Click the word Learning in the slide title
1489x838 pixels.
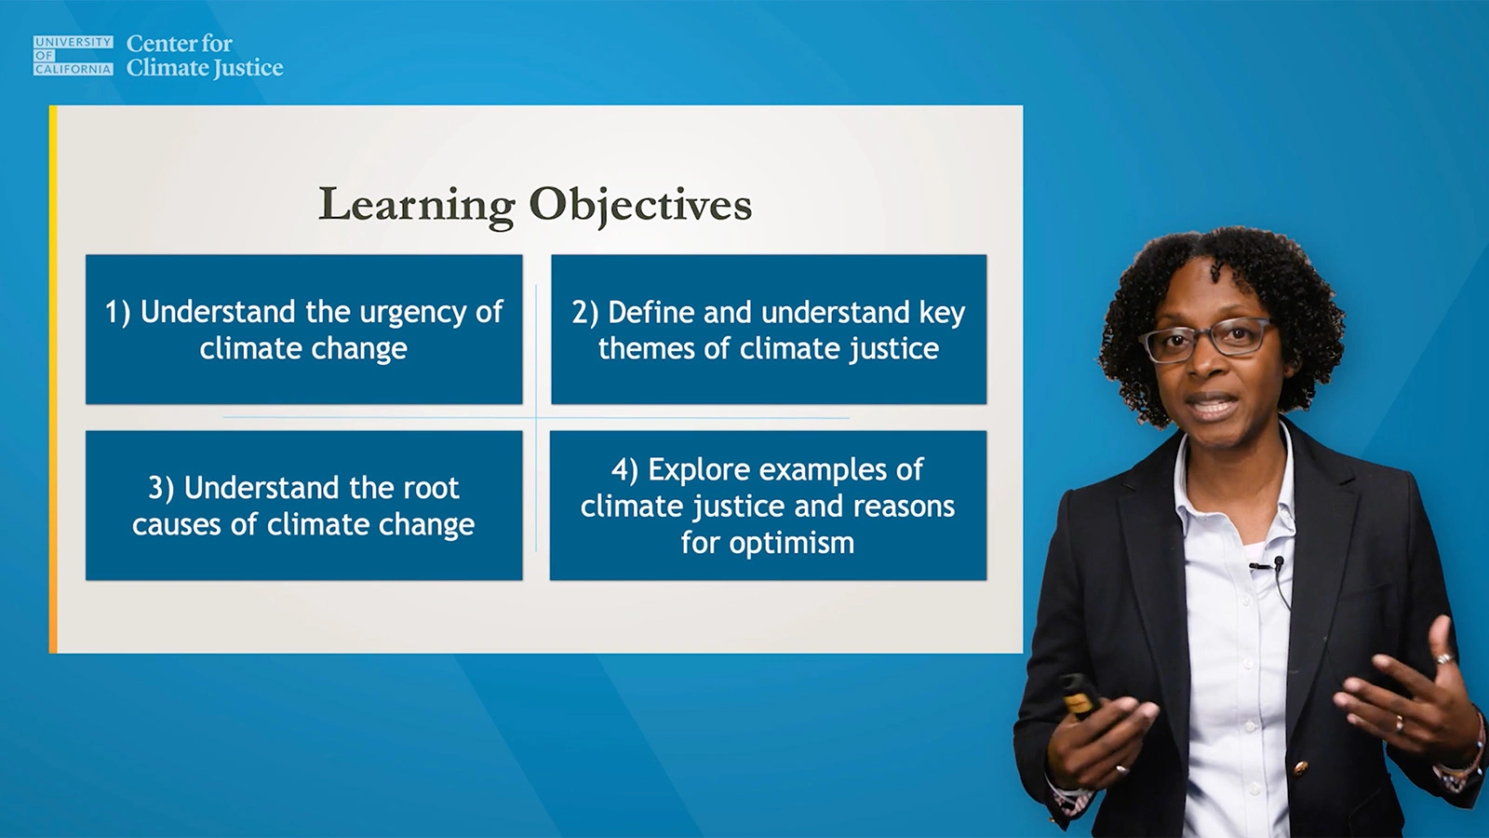(416, 205)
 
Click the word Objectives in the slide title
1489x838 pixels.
(640, 205)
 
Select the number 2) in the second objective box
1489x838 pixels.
(584, 313)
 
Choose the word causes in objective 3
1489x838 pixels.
(177, 525)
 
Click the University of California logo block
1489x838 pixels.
(73, 56)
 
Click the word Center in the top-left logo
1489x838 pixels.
(160, 44)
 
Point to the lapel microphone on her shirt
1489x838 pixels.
(1279, 562)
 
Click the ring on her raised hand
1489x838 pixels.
(1443, 658)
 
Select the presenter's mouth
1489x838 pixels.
(1212, 408)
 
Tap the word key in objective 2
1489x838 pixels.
(942, 313)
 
